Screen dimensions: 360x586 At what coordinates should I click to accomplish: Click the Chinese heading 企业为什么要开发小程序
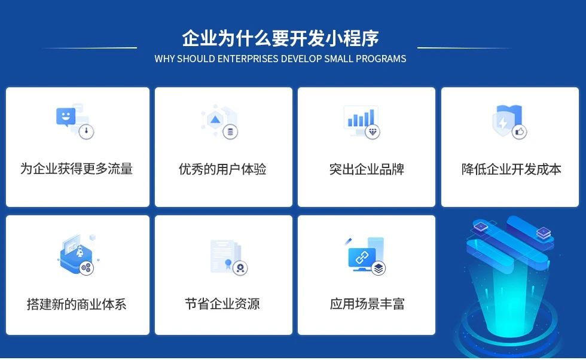click(280, 39)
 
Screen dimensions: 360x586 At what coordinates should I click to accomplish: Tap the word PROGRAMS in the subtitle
click(381, 59)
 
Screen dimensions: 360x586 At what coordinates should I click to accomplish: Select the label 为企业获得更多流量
click(77, 169)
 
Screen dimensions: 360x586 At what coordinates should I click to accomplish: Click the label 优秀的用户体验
click(222, 169)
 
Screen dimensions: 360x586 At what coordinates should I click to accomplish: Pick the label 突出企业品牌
click(367, 169)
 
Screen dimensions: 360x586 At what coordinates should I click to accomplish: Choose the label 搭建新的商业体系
click(77, 304)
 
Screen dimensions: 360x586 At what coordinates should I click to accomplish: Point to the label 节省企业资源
click(222, 304)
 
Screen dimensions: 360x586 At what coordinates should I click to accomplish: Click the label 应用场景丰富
click(367, 304)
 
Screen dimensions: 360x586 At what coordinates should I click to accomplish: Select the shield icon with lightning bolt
click(504, 121)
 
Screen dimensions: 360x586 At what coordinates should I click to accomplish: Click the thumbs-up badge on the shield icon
click(519, 132)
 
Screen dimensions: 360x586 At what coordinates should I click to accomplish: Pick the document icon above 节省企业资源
click(224, 256)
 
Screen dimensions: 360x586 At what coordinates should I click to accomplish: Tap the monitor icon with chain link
click(362, 257)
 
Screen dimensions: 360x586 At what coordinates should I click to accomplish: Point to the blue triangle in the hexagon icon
click(215, 120)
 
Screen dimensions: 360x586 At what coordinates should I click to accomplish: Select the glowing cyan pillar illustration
click(509, 281)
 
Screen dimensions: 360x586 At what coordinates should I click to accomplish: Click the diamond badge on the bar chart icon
click(373, 132)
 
